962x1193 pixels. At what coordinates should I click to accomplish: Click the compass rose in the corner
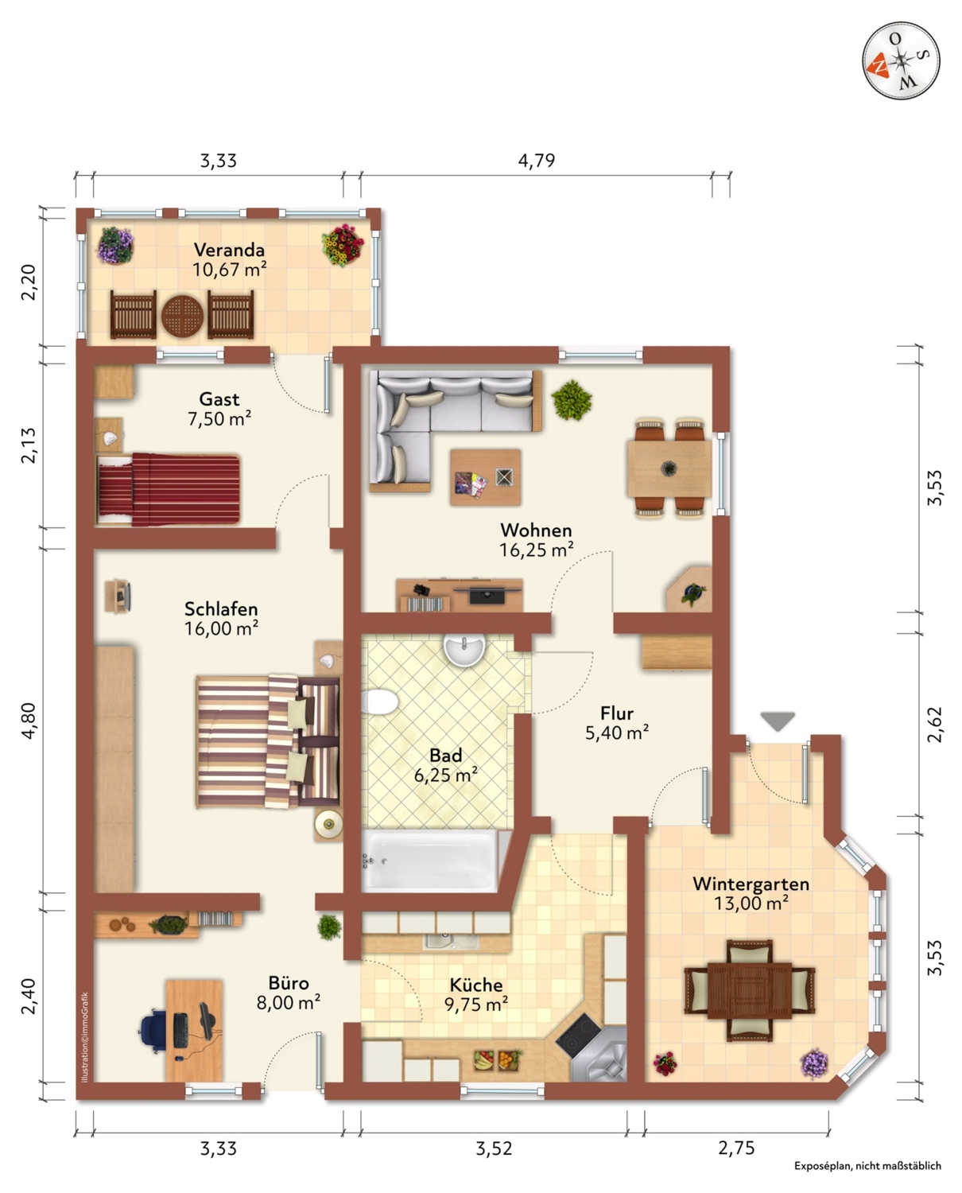pyautogui.click(x=901, y=61)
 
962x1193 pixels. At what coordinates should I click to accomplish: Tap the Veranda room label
pyautogui.click(x=229, y=250)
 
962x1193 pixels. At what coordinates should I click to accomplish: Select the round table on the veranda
pyautogui.click(x=182, y=315)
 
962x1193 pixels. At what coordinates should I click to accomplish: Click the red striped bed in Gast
pyautogui.click(x=169, y=489)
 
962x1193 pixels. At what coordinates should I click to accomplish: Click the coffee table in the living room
pyautogui.click(x=486, y=477)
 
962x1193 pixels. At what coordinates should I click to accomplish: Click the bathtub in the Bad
pyautogui.click(x=430, y=861)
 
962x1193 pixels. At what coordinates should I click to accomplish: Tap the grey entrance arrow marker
pyautogui.click(x=778, y=721)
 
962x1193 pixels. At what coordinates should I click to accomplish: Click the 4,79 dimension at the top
pyautogui.click(x=536, y=161)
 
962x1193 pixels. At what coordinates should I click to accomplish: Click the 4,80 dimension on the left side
pyautogui.click(x=28, y=721)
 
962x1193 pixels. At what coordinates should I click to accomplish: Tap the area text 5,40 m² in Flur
pyautogui.click(x=617, y=733)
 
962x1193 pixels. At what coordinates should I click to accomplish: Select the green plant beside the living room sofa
pyautogui.click(x=572, y=400)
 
